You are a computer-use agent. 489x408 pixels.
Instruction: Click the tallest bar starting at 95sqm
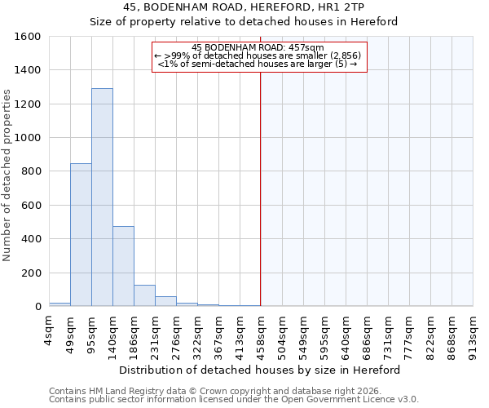102,197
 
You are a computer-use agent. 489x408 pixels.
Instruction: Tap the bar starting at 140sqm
123,266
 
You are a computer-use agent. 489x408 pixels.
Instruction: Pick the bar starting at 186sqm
144,295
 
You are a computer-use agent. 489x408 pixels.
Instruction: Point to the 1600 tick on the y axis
29,37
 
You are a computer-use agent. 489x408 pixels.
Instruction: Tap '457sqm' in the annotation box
306,47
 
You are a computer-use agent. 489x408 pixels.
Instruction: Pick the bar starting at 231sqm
165,301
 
